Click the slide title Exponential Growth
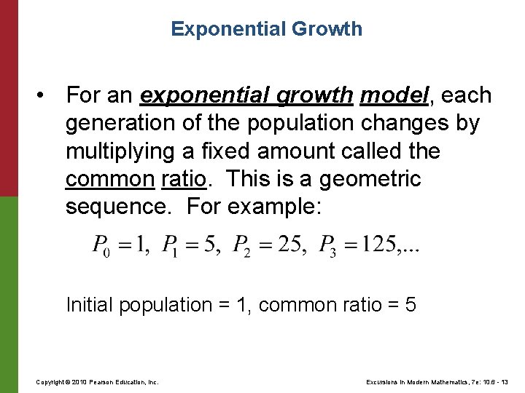coord(266,29)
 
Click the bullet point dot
coord(45,96)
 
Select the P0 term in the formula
coord(101,245)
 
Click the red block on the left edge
coord(9,98)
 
